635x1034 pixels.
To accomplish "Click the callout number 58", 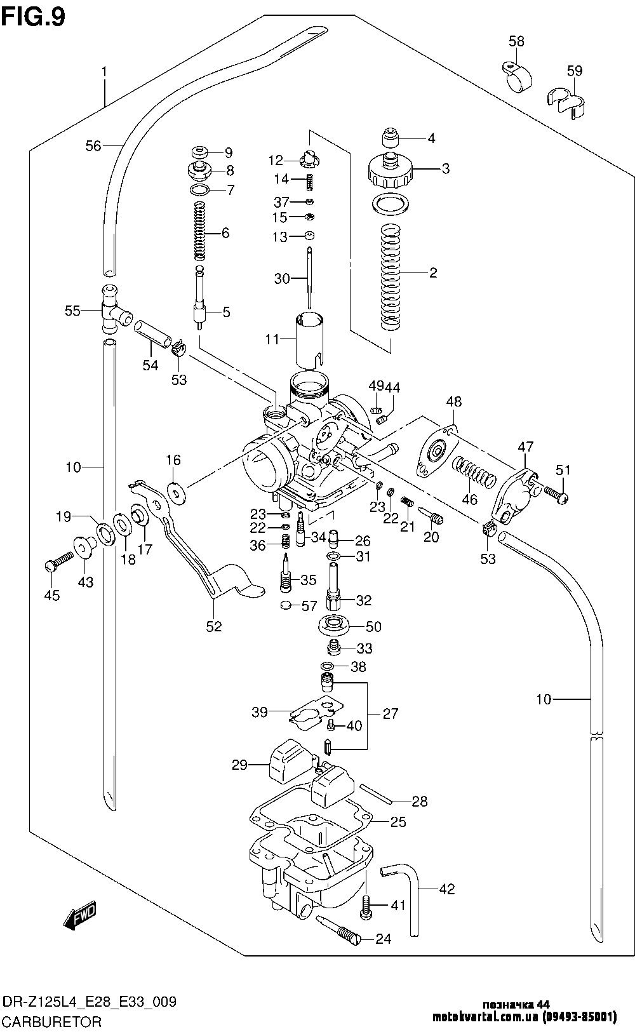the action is [516, 41].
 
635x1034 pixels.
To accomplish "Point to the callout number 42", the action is [446, 889].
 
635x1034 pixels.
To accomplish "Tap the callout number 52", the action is [214, 626].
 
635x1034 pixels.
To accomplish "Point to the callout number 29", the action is [240, 765].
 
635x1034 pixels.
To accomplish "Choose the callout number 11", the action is [272, 339].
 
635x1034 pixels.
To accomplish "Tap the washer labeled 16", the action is [175, 493].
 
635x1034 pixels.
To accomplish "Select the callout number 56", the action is [93, 146].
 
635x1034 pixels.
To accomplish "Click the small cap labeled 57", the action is [287, 604].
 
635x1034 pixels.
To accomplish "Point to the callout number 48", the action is [454, 401].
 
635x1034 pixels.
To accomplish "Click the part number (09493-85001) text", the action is [580, 1016].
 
